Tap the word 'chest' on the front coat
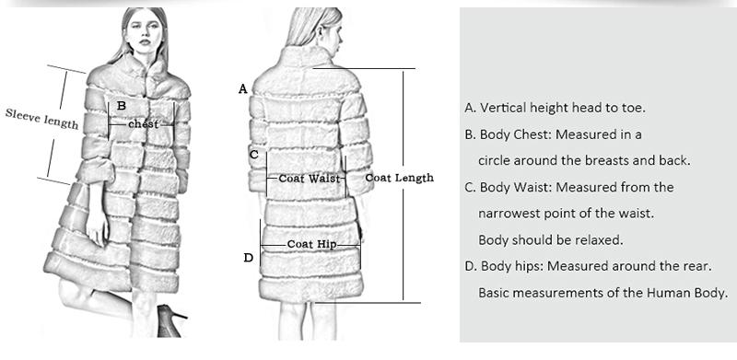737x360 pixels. click(143, 123)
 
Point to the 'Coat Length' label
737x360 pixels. click(399, 177)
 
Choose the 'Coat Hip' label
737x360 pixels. click(311, 244)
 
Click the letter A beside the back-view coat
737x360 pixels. click(243, 89)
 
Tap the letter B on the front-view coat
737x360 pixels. click(121, 106)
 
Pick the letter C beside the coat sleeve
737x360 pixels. click(254, 155)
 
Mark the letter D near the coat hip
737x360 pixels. click(248, 258)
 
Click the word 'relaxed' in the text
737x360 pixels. click(599, 240)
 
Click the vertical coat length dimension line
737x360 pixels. click(404, 184)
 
